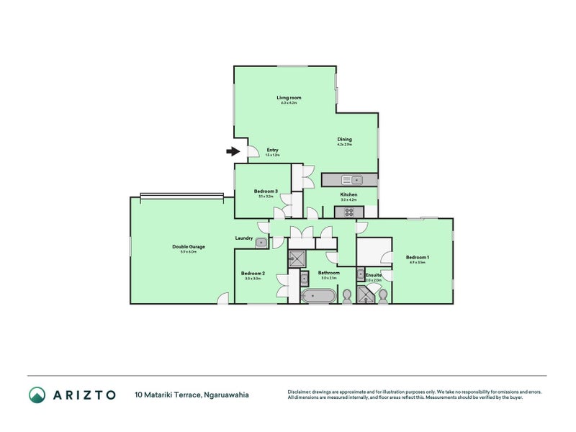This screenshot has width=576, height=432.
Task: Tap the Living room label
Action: coord(289,97)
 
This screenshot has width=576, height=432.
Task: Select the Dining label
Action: coord(345,139)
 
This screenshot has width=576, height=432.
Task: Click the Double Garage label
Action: coord(184,247)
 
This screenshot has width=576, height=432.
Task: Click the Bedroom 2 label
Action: coord(253,273)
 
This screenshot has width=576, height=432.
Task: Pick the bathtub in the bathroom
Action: coord(318,295)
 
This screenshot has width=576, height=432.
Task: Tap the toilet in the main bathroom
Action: coord(346,295)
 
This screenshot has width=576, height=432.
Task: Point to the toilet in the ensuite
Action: coord(384,294)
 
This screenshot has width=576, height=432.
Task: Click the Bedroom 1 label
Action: coord(417,257)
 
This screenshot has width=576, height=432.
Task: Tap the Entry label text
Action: coord(272,150)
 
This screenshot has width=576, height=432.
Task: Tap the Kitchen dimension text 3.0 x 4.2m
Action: coord(348,199)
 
